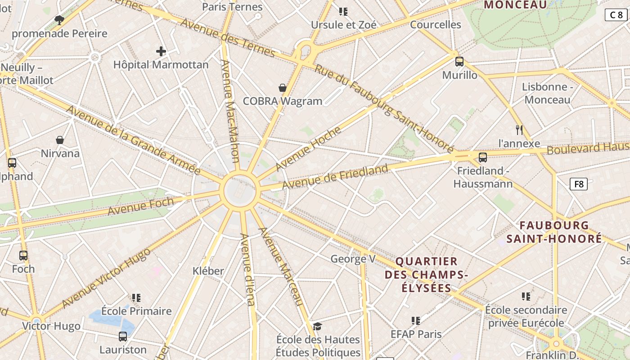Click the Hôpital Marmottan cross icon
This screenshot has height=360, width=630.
click(x=161, y=51)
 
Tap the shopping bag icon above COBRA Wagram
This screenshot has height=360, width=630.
click(x=283, y=88)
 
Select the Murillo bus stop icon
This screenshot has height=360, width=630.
click(x=459, y=62)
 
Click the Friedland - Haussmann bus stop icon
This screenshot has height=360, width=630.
click(x=482, y=157)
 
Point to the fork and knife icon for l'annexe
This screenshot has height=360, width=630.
click(x=519, y=130)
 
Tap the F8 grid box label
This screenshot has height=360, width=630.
click(x=578, y=184)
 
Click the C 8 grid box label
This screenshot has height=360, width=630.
click(x=616, y=15)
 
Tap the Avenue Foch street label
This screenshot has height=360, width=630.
click(x=140, y=207)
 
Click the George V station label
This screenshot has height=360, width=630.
click(x=353, y=259)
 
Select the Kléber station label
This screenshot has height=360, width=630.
click(x=208, y=270)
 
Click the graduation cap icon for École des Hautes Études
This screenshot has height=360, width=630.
click(x=318, y=326)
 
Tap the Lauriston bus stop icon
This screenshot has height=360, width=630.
click(x=122, y=336)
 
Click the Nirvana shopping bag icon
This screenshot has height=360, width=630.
click(x=59, y=140)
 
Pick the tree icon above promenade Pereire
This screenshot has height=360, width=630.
click(x=59, y=20)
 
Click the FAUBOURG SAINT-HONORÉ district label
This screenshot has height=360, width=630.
click(x=554, y=232)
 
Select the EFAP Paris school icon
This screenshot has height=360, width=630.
click(x=416, y=321)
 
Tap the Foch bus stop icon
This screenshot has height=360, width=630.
click(x=23, y=256)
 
